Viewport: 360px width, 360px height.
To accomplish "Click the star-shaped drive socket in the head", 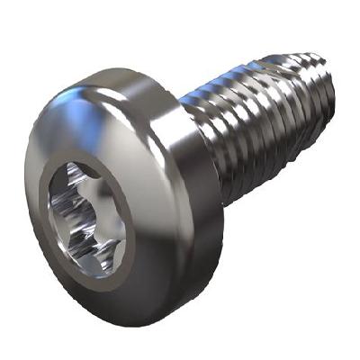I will pos(86,217).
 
